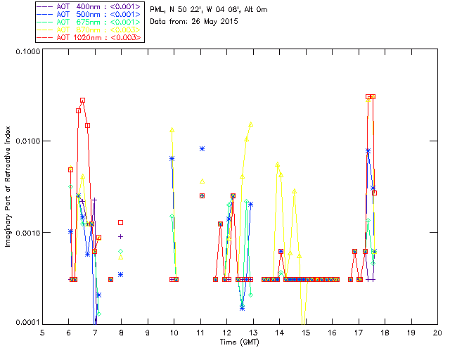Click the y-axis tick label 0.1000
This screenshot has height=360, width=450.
[x=25, y=52]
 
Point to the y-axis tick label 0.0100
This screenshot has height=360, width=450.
[x=25, y=142]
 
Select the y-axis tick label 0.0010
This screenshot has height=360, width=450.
[x=25, y=233]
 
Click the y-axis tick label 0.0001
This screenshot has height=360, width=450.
[x=25, y=323]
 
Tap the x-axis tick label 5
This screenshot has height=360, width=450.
[x=42, y=332]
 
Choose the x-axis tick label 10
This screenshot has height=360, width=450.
[x=174, y=332]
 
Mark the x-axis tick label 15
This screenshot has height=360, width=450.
[x=305, y=332]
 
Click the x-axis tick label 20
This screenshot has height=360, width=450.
[x=437, y=332]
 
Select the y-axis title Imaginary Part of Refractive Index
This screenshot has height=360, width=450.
[x=9, y=187]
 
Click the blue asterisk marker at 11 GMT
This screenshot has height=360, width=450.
[x=202, y=148]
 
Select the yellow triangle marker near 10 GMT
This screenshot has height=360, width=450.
[x=172, y=130]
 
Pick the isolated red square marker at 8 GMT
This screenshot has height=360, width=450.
[x=121, y=223]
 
